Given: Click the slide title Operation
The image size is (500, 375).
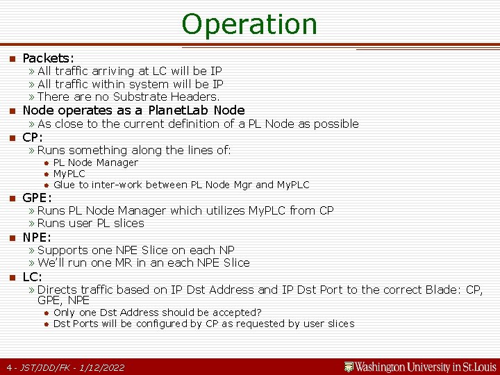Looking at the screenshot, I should pyautogui.click(x=249, y=24).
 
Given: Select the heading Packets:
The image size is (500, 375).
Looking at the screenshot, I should pyautogui.click(x=49, y=58).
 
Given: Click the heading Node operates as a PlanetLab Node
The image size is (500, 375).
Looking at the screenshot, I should pyautogui.click(x=133, y=110).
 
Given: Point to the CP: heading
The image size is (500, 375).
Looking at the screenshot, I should pyautogui.click(x=33, y=137).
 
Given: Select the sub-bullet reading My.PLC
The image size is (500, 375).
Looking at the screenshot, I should pyautogui.click(x=69, y=174).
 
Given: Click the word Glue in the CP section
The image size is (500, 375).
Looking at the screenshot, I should pyautogui.click(x=64, y=185).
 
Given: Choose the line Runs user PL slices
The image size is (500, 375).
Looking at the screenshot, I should pyautogui.click(x=91, y=223).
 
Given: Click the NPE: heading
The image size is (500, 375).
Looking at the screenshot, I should pyautogui.click(x=37, y=237).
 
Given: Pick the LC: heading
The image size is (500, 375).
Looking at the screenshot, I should pyautogui.click(x=33, y=277).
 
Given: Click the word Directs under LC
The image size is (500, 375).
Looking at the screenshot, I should pyautogui.click(x=57, y=290).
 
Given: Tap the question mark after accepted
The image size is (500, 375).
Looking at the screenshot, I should pyautogui.click(x=259, y=312).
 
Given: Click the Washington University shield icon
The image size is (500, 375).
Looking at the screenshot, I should pyautogui.click(x=349, y=367).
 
